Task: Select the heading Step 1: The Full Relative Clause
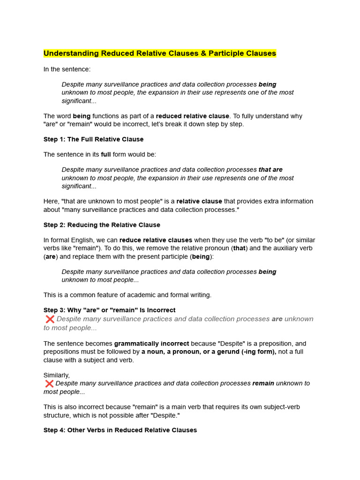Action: tap(93, 139)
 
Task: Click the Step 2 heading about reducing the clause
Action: tap(102, 225)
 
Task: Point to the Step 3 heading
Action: tap(109, 310)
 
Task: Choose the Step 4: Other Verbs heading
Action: tap(120, 430)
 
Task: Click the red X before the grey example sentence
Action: tap(50, 319)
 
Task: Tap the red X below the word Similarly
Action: tap(49, 383)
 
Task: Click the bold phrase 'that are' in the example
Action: tap(270, 170)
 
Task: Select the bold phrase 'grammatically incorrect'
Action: tap(151, 344)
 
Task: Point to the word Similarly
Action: tap(56, 375)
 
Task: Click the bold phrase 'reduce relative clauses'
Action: tap(156, 240)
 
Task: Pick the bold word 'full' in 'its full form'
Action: tap(105, 154)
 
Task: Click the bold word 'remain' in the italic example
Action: tap(263, 383)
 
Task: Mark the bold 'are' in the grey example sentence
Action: tap(277, 319)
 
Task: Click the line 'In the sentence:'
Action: tap(67, 69)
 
